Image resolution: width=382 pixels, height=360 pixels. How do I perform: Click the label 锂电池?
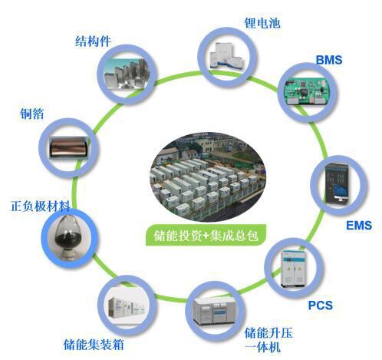(x=262, y=22)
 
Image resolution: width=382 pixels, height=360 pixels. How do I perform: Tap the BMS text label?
(x=329, y=60)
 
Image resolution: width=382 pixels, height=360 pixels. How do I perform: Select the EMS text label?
(x=359, y=226)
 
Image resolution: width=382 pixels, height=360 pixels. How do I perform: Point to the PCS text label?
(x=321, y=306)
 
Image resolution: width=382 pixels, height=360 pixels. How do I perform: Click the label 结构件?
(x=93, y=41)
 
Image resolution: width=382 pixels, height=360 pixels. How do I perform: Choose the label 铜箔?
(x=32, y=114)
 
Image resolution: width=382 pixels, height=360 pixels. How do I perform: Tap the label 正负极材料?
(x=40, y=206)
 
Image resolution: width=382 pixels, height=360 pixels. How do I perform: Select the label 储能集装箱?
(x=94, y=345)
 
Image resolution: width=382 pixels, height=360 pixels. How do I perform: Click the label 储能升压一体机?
(x=268, y=340)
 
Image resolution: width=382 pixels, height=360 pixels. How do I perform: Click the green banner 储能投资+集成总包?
(x=206, y=235)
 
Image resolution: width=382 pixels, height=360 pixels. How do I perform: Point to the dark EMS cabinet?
(x=338, y=184)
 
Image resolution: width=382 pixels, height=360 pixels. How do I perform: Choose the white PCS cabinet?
(x=294, y=269)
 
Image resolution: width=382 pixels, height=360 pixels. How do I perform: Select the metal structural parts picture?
(x=127, y=74)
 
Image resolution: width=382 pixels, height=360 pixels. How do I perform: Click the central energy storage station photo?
(x=208, y=177)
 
